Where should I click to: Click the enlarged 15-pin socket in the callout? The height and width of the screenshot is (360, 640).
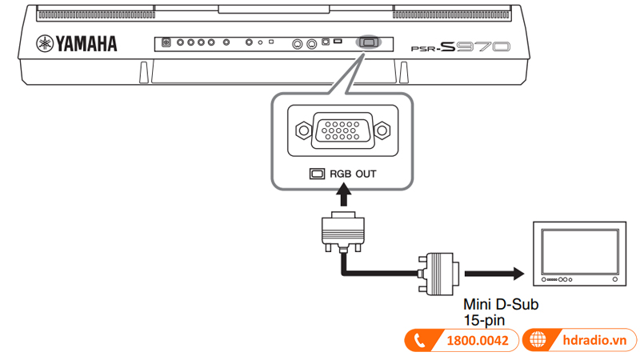point(342,129)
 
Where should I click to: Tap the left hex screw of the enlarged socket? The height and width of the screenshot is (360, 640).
point(302,129)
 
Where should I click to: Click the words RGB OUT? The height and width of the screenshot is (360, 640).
point(352,173)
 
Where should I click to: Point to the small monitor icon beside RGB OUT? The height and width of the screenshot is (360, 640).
point(318,173)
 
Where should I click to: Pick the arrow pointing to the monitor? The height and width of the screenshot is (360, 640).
point(497,274)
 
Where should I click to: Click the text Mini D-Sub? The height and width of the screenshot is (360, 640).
point(502,305)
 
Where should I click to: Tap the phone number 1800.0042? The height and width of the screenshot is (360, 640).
point(477,340)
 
